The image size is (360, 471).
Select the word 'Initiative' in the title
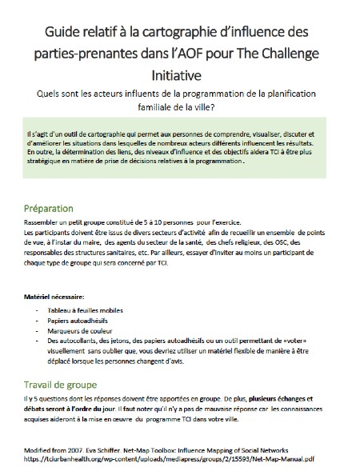[x=179, y=74]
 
